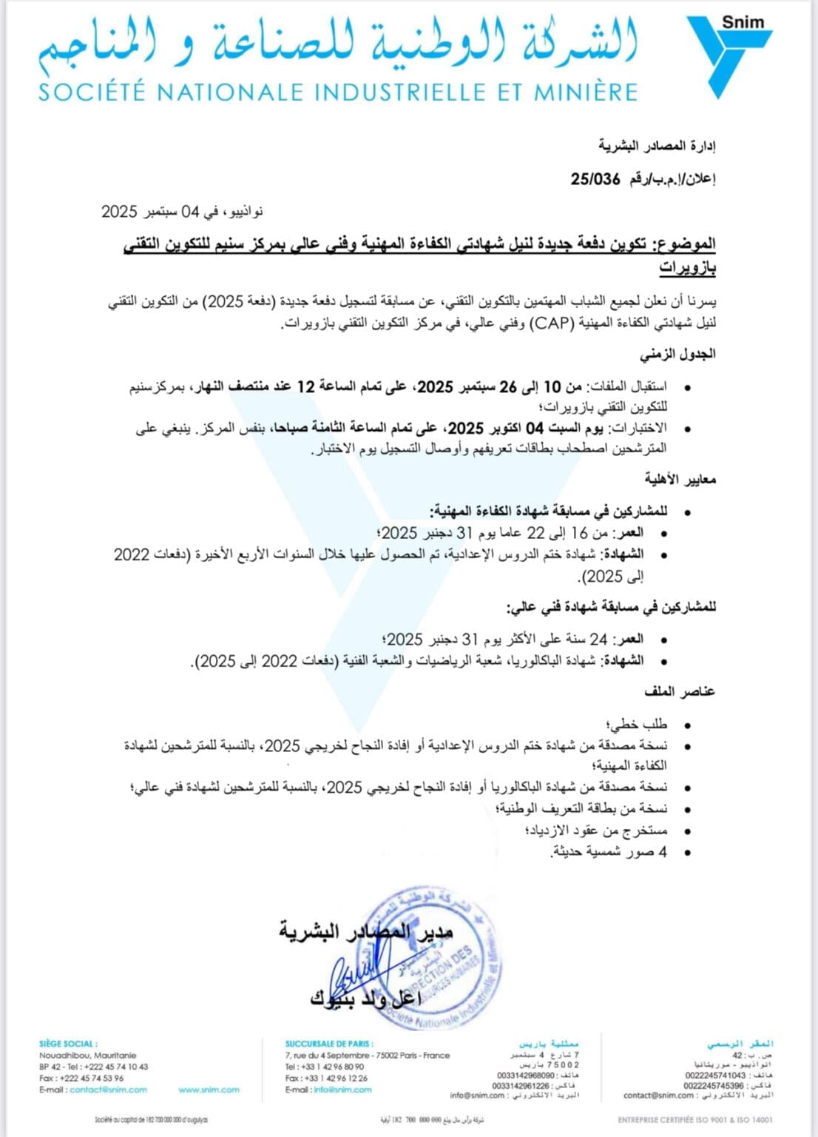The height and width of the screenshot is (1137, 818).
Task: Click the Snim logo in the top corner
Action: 729,52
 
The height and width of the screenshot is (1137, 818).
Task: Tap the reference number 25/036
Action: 595,179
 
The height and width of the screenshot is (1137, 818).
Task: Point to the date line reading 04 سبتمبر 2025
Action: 182,212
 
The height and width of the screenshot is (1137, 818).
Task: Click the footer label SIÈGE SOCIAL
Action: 68,1044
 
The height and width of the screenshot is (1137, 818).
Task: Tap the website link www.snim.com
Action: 209,1090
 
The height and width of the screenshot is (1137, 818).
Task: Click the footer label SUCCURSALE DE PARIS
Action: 329,1044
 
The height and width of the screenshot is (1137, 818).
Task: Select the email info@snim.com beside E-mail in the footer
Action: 342,1090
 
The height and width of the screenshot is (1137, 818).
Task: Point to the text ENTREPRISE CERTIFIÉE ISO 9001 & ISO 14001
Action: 694,1120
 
